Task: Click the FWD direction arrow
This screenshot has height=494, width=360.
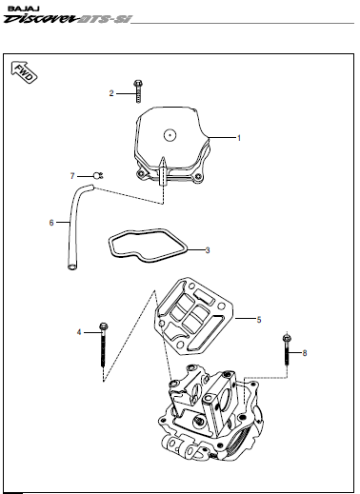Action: click(24, 72)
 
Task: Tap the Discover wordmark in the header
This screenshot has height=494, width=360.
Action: click(41, 19)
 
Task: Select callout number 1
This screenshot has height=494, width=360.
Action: click(239, 138)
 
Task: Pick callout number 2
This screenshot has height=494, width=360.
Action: click(111, 93)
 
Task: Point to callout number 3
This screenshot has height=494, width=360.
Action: click(208, 250)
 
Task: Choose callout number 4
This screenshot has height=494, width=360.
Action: click(79, 332)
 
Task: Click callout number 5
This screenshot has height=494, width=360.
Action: click(259, 320)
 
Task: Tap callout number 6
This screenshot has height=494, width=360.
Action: click(51, 223)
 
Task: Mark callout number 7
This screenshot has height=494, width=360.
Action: click(72, 176)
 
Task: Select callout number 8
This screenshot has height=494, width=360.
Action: click(305, 353)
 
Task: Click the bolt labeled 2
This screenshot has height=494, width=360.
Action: click(138, 91)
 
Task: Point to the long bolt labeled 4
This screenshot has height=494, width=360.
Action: click(104, 345)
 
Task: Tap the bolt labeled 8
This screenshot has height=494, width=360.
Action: click(287, 349)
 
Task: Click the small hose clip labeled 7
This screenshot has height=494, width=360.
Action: click(98, 175)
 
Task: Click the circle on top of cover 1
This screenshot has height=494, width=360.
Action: click(170, 135)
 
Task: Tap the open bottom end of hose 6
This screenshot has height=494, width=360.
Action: click(72, 267)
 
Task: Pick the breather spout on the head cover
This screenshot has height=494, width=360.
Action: click(163, 170)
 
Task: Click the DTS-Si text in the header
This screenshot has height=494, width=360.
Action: click(105, 19)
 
